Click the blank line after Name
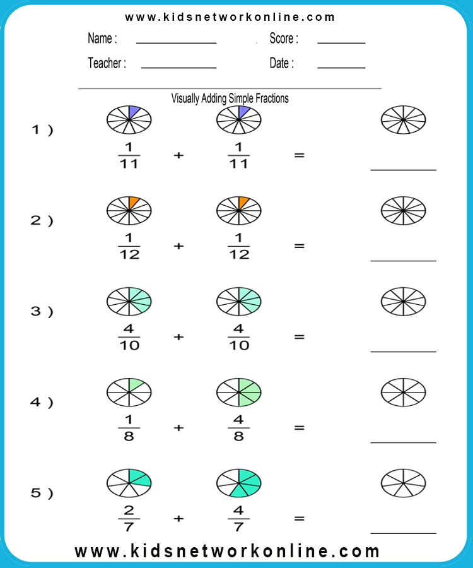point(176,43)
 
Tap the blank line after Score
point(341,43)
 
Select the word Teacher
point(105,63)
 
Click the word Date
point(279,63)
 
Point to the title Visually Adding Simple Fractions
point(230,98)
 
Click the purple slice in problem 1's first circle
point(133,112)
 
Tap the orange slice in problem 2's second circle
point(242,202)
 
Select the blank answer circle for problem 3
point(403,302)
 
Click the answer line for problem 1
point(403,170)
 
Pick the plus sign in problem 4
point(178,428)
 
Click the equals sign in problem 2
point(300,246)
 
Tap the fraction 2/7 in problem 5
point(129,519)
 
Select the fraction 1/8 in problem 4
point(129,428)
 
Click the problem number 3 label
point(42,311)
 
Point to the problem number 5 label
point(42,493)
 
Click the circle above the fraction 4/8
point(239,393)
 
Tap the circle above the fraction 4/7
point(239,483)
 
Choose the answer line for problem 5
point(403,533)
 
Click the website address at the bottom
point(227,552)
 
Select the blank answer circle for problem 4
point(403,393)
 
